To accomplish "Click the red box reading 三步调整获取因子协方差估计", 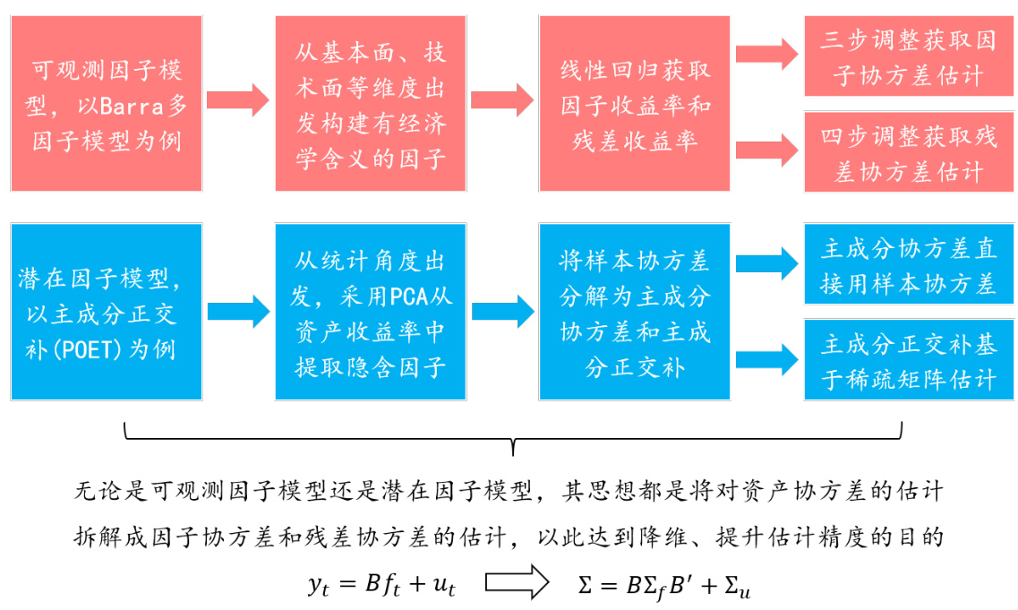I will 908,56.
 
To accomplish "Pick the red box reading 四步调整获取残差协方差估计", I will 908,151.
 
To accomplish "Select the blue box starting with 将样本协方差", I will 635,313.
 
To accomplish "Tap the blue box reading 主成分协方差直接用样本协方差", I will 908,265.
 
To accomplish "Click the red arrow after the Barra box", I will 238,99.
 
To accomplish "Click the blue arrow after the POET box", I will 238,311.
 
